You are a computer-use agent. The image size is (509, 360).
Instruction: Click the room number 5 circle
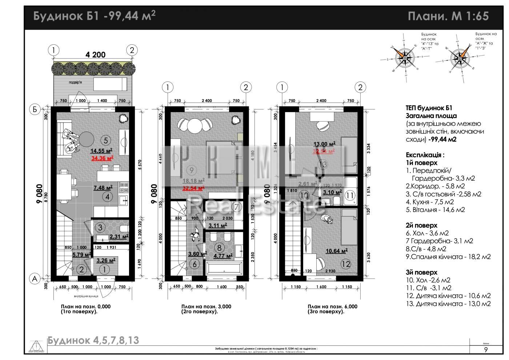tap(105, 140)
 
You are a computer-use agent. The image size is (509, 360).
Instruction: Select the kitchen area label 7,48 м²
tap(103, 188)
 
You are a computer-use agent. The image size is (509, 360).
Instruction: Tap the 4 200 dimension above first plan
tap(95, 55)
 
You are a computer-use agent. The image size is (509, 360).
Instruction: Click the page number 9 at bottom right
tap(486, 350)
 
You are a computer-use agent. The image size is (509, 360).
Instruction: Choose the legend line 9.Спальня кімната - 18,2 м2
tap(448, 257)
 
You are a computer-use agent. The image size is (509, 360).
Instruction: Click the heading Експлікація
tap(425, 155)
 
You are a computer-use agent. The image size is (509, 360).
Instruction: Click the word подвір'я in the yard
tap(75, 82)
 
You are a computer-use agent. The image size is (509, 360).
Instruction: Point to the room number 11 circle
tap(350, 195)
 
